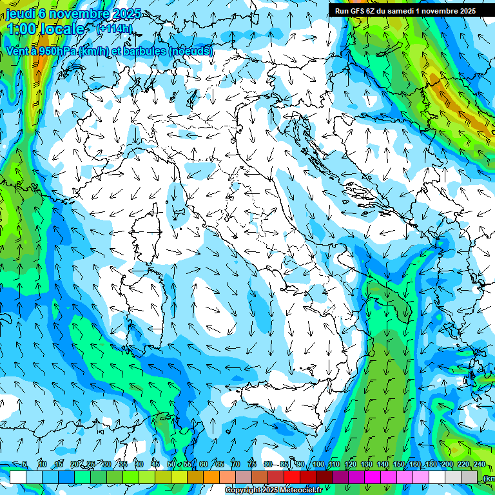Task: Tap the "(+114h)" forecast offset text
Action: [x=114, y=28]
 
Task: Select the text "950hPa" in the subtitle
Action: [x=51, y=51]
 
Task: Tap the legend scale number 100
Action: [x=318, y=465]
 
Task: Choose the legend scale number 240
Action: [x=479, y=465]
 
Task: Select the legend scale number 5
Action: [x=24, y=465]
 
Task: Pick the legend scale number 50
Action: [x=171, y=465]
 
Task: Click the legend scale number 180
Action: [x=431, y=465]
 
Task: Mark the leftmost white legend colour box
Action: [x=18, y=477]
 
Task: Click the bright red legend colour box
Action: [x=292, y=477]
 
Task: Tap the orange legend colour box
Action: [x=195, y=477]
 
